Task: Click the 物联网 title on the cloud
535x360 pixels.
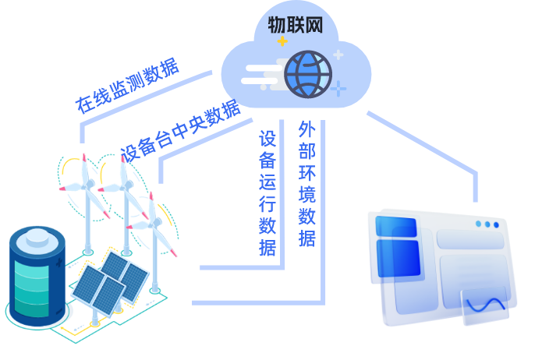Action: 295,26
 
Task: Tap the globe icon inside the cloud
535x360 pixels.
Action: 308,74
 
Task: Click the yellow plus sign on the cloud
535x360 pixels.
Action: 282,41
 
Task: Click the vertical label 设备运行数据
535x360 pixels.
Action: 267,193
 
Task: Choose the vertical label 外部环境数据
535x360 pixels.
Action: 306,184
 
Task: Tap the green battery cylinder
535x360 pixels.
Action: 37,276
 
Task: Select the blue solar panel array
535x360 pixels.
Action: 109,281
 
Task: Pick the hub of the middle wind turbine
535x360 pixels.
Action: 122,185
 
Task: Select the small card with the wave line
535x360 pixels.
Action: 485,306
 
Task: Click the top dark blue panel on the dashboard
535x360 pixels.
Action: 396,227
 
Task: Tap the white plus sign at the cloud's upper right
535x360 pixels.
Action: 338,55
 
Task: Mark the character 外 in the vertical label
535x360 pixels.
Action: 306,130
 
